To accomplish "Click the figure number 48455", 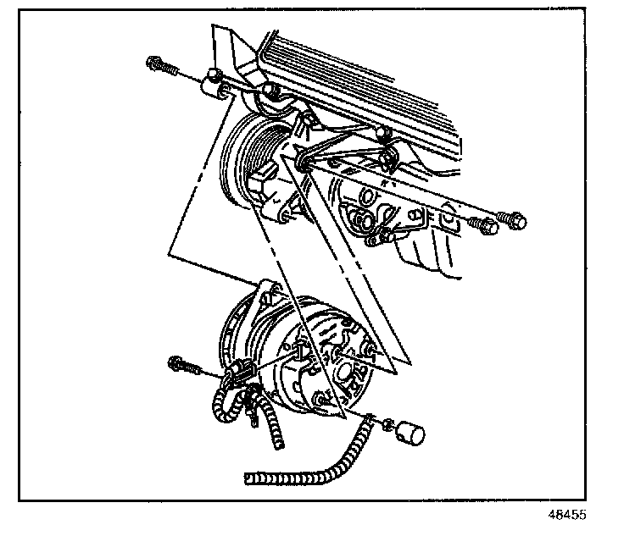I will (566, 514).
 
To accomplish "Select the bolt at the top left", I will (159, 64).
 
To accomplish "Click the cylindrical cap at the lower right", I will (411, 434).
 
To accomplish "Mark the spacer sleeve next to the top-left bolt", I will (214, 88).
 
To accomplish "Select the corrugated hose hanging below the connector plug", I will (273, 423).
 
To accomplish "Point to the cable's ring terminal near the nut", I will (370, 416).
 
